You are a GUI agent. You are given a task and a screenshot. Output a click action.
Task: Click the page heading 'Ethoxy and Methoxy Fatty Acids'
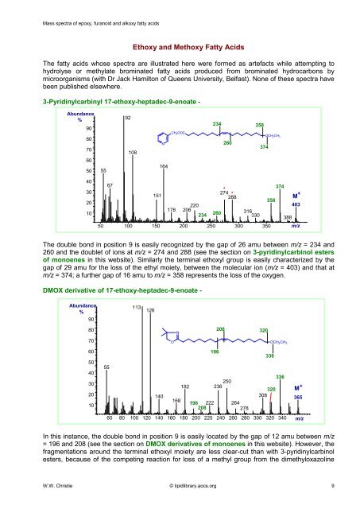tap(180, 47)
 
